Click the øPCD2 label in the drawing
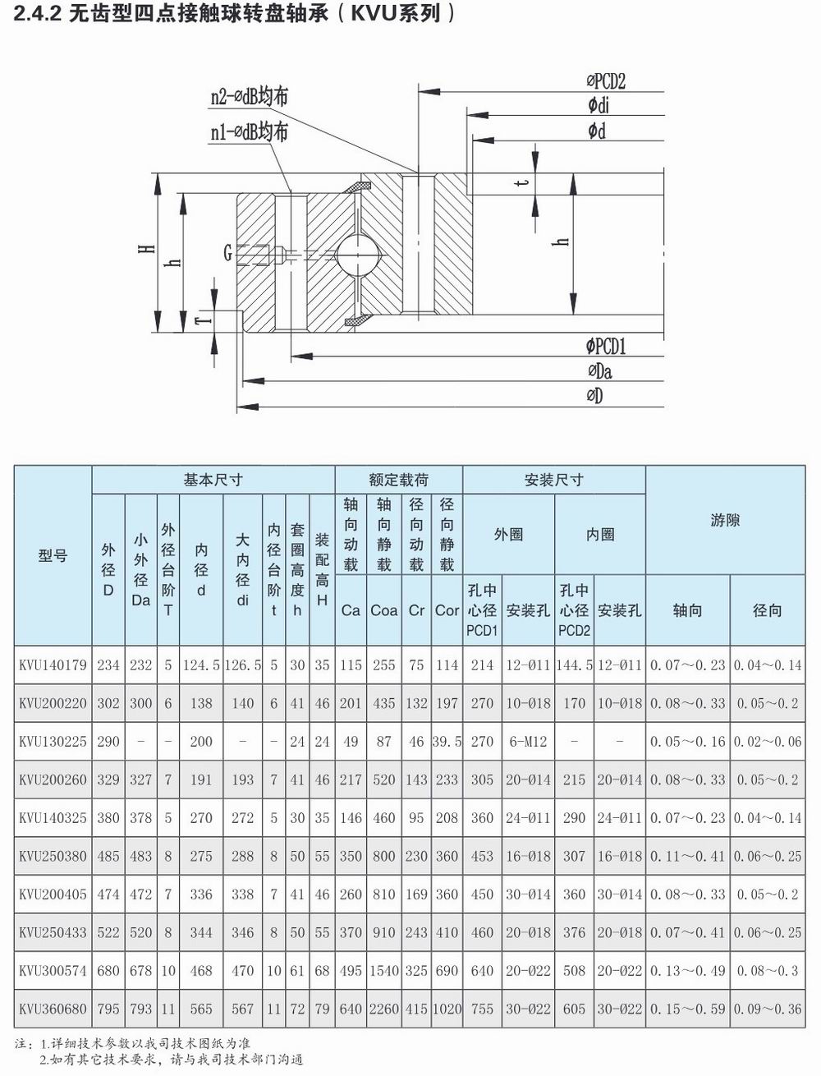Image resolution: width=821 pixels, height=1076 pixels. click(x=606, y=80)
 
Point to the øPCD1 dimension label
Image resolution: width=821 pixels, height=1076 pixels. click(x=606, y=347)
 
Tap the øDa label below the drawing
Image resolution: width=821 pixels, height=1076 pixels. click(x=600, y=371)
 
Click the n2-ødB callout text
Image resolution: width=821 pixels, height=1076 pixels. click(x=249, y=96)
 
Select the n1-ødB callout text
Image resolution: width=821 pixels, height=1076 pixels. click(x=249, y=131)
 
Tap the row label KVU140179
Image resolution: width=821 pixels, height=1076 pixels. click(x=53, y=665)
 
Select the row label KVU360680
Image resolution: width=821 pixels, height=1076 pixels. click(x=53, y=1009)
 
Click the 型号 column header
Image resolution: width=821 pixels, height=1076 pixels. click(x=53, y=556)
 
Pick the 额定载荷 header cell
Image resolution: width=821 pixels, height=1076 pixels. click(x=398, y=480)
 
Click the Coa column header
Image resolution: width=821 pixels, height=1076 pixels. click(x=383, y=610)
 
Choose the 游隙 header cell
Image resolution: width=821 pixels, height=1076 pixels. click(x=725, y=520)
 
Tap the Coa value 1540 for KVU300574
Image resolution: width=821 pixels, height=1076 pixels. click(x=383, y=971)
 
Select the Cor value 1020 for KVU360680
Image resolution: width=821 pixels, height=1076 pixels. click(x=447, y=1009)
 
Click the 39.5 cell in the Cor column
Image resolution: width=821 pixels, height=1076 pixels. click(x=447, y=742)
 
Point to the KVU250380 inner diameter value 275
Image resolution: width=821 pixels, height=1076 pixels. click(x=201, y=856)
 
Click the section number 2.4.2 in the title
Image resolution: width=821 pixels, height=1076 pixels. click(x=38, y=14)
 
